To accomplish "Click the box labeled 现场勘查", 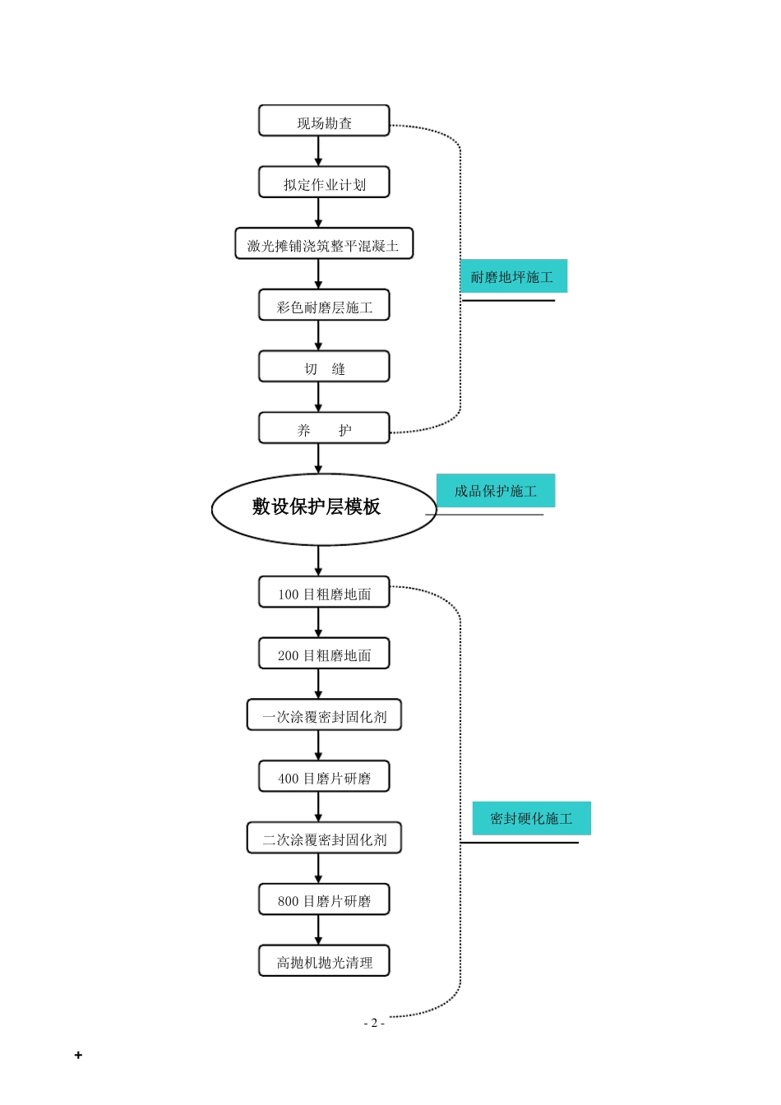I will click(324, 122).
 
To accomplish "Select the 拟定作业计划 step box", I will click(324, 183).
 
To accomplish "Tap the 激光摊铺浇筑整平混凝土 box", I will click(324, 244).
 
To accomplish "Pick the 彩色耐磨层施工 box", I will click(324, 306).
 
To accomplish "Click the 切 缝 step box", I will click(324, 368).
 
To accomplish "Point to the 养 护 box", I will click(324, 428).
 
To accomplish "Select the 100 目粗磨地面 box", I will click(324, 593).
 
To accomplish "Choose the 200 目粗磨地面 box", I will click(324, 654).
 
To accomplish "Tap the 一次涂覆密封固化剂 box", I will click(324, 715).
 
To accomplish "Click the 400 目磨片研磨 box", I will click(324, 777).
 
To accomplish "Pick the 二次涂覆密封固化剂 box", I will click(324, 839).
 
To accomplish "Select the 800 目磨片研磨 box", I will click(324, 899).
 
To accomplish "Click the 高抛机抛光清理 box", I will click(324, 961).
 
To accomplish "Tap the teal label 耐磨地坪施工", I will click(513, 277).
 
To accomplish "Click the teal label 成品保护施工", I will click(496, 491).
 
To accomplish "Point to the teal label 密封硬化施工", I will click(531, 818).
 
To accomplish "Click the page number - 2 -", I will click(374, 1023).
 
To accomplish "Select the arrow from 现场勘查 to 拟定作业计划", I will click(318, 152).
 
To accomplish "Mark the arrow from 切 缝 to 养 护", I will click(318, 397).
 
